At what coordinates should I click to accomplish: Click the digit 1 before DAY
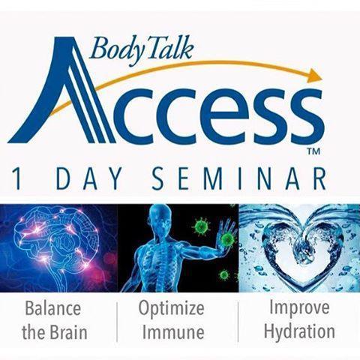[x=17, y=178]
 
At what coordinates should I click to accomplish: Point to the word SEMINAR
[x=239, y=178]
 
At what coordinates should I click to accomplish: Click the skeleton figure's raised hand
[x=227, y=231]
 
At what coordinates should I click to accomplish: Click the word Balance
[x=53, y=308]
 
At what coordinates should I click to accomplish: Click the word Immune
[x=173, y=332]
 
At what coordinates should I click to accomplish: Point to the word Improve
[x=299, y=309]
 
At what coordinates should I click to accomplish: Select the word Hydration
[x=299, y=331]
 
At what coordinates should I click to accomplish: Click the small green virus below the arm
[x=223, y=275]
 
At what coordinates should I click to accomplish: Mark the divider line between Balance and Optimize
[x=117, y=322]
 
